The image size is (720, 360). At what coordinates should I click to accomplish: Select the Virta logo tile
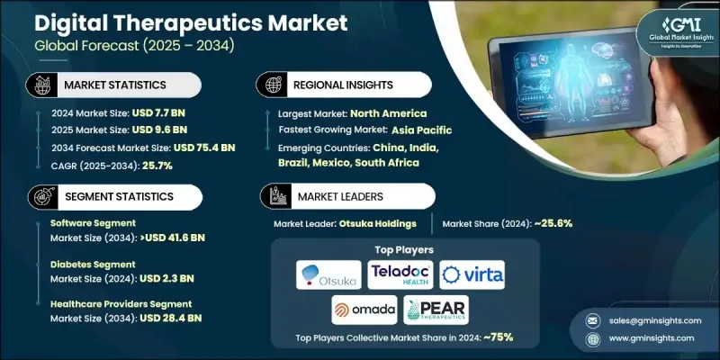pyautogui.click(x=472, y=274)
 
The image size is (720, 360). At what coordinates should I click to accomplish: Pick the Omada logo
pyautogui.click(x=364, y=310)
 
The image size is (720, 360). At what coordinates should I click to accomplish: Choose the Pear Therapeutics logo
pyautogui.click(x=436, y=310)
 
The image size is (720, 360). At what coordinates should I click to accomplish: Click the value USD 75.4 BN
pyautogui.click(x=203, y=147)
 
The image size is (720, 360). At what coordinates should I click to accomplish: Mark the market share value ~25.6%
pyautogui.click(x=555, y=222)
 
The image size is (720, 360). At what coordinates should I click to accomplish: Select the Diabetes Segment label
pyautogui.click(x=93, y=265)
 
